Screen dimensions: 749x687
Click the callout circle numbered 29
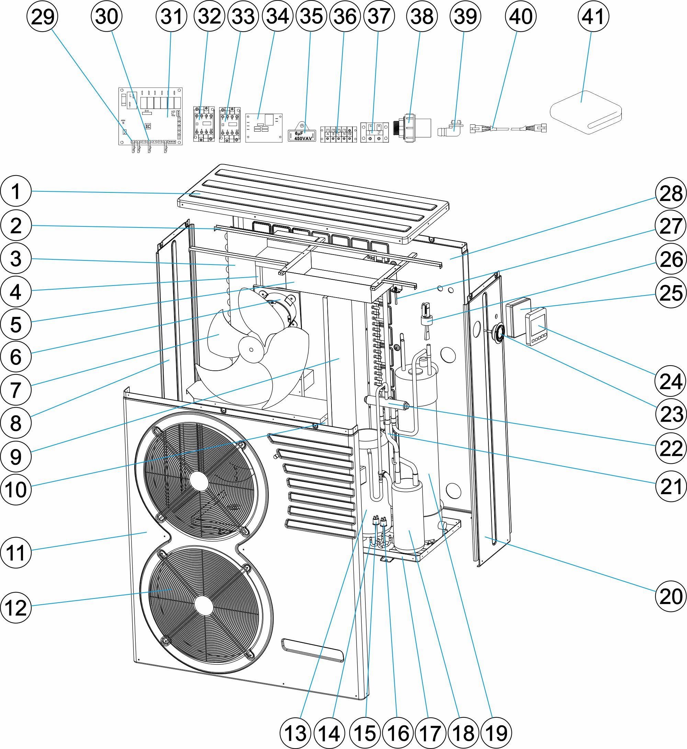[x=42, y=16]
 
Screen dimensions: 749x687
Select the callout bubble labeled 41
[x=593, y=16]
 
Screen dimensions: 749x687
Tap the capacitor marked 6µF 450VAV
[x=302, y=136]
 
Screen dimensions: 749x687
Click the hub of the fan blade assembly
[x=251, y=349]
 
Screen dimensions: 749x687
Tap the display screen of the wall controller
[x=538, y=324]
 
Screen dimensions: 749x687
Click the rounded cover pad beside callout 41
[x=586, y=112]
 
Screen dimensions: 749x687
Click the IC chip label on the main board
[x=148, y=126]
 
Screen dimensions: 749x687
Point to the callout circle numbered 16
[x=397, y=733]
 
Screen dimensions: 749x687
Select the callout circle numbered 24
[x=670, y=381]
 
